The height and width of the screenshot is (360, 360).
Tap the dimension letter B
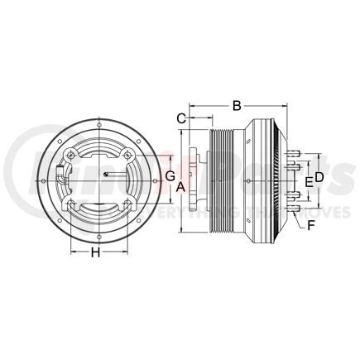pos(236,106)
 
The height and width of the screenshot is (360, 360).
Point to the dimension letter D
pos(318,179)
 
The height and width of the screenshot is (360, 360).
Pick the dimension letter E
pos(307,180)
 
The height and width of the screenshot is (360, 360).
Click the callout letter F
pos(310,223)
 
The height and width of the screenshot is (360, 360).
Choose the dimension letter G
pos(168,177)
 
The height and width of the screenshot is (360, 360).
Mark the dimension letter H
pos(95,253)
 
